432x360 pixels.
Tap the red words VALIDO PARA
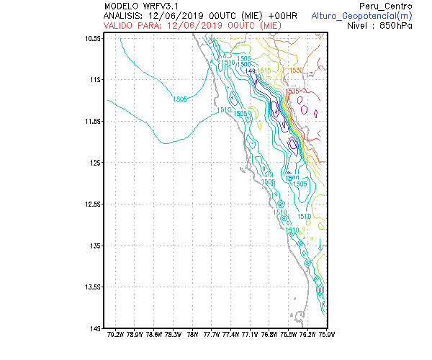point(132,24)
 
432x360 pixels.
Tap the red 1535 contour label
point(291,91)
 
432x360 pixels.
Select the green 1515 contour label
point(264,70)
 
